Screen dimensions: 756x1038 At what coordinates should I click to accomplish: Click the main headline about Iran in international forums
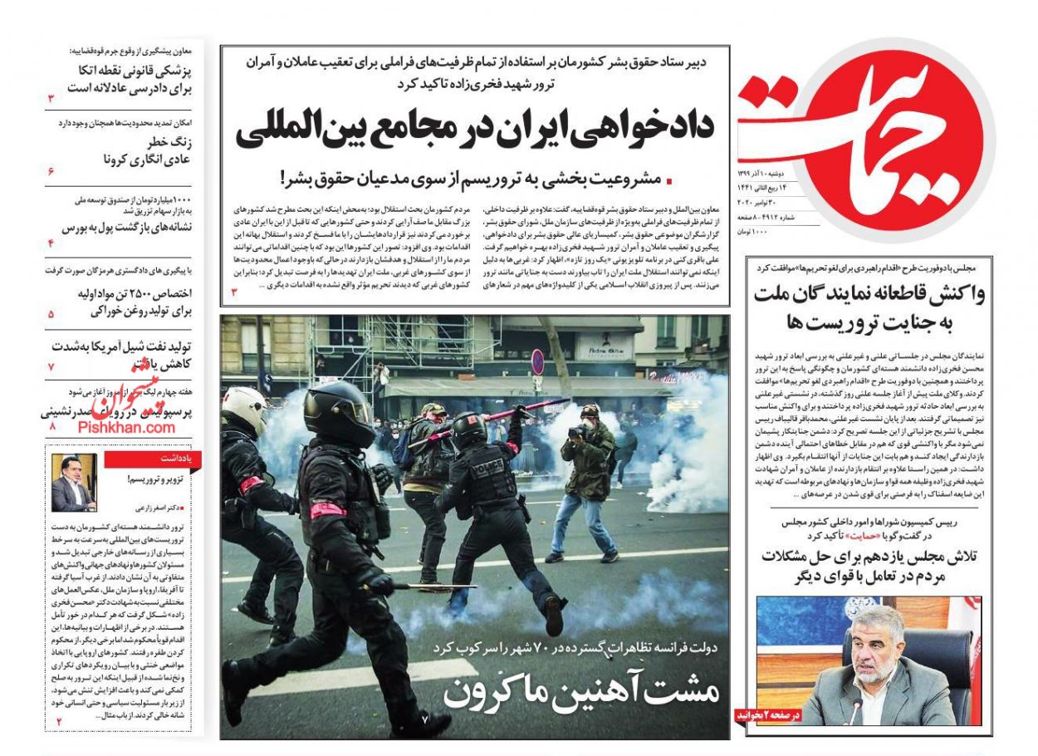pyautogui.click(x=474, y=130)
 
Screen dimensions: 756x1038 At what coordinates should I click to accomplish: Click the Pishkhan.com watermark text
pyautogui.click(x=127, y=427)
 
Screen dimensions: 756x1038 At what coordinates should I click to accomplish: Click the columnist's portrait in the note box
pyautogui.click(x=74, y=483)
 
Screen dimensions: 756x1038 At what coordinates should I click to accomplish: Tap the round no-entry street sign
pyautogui.click(x=537, y=361)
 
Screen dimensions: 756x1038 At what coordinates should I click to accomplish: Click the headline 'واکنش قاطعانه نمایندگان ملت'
pyautogui.click(x=869, y=307)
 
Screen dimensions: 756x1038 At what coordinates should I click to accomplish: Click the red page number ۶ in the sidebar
pyautogui.click(x=51, y=171)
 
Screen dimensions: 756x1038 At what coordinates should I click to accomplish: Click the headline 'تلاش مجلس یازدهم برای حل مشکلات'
pyautogui.click(x=869, y=567)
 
